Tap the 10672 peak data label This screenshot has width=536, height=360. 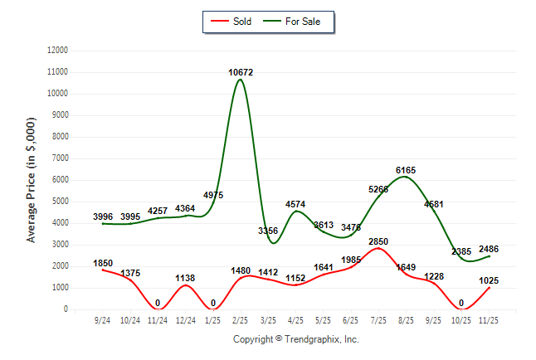point(241,73)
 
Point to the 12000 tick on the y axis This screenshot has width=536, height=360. point(56,51)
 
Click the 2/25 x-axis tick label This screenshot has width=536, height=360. point(241,319)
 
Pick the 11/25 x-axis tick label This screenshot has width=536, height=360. point(490,319)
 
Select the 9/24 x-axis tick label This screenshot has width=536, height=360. point(103,319)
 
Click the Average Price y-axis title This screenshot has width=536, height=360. point(32,180)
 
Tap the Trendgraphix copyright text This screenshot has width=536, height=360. point(295,339)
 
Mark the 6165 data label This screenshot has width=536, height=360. point(406,170)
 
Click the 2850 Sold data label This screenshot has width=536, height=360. point(378,241)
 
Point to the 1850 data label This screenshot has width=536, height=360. point(103,263)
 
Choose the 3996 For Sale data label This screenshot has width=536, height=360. point(103,216)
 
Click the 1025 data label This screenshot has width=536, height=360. point(490,280)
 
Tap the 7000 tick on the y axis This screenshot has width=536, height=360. point(59,158)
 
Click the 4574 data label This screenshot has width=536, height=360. point(296,204)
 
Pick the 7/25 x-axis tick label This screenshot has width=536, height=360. point(378,319)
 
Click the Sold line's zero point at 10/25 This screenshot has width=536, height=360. point(461,309)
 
